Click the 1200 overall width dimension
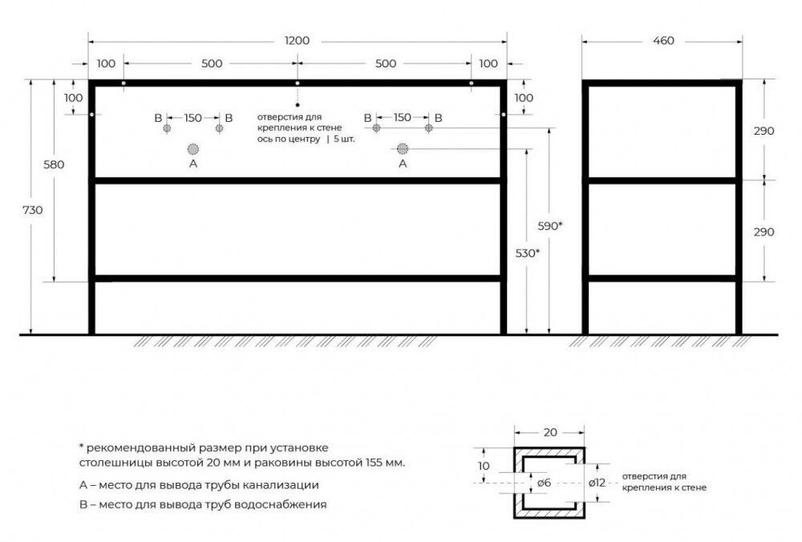click(x=298, y=40)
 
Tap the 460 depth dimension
click(x=663, y=40)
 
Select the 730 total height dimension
click(x=33, y=209)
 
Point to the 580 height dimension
click(x=54, y=164)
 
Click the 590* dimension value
click(x=550, y=225)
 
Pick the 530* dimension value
click(x=528, y=253)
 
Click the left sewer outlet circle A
click(x=192, y=149)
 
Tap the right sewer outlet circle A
click(x=403, y=149)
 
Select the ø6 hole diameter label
click(x=545, y=483)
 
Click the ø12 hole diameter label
click(x=597, y=482)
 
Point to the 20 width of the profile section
click(x=550, y=433)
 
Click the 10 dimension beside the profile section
click(x=484, y=466)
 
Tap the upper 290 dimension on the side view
click(x=764, y=131)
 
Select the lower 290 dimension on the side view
click(x=764, y=232)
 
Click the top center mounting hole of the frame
click(x=298, y=83)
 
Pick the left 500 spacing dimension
click(x=212, y=63)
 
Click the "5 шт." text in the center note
click(x=344, y=139)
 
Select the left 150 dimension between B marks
click(x=192, y=118)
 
